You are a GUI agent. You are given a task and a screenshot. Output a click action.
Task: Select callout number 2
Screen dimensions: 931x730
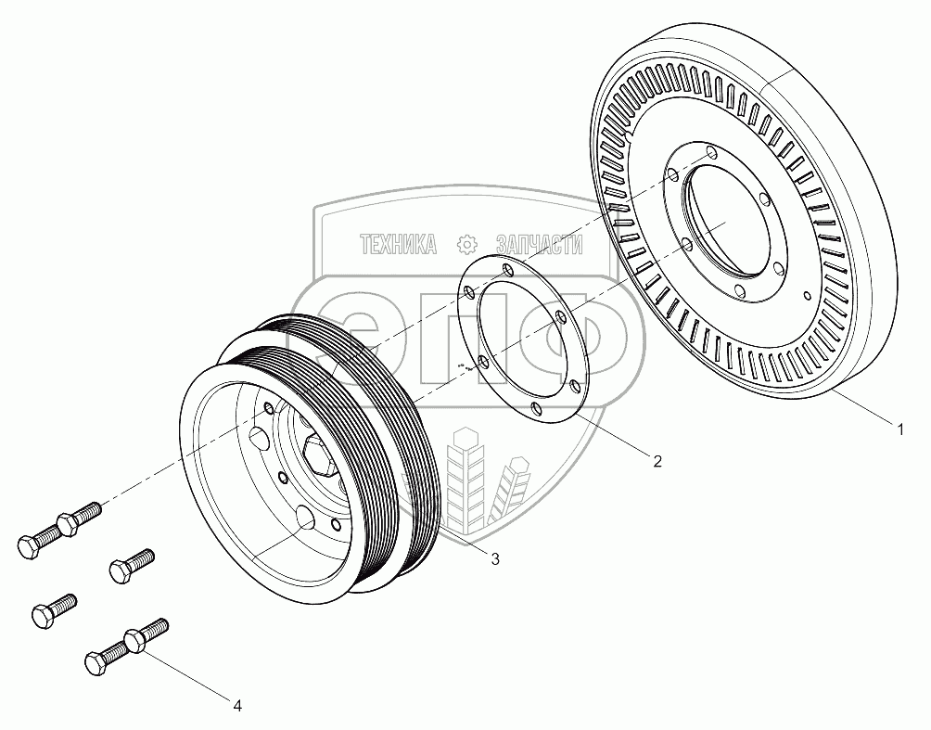point(657,461)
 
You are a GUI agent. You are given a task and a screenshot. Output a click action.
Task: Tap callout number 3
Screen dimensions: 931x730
point(494,558)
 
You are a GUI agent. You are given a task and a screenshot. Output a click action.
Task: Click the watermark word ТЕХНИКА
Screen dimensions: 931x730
point(398,245)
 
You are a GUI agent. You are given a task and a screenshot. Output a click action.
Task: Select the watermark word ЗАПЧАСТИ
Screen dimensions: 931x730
point(540,245)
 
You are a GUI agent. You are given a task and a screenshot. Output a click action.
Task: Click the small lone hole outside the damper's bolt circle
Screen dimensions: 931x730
point(807,297)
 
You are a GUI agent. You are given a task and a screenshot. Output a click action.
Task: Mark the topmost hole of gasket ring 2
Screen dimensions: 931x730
point(506,268)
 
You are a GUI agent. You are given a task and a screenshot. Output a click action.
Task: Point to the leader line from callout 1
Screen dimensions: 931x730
point(862,409)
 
